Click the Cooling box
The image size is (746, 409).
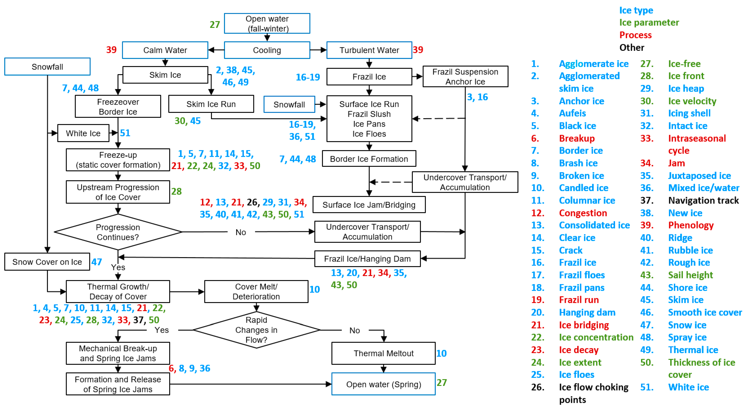click(267, 50)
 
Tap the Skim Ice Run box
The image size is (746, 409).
click(211, 104)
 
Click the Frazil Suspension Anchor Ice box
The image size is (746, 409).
click(465, 76)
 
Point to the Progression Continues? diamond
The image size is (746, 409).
click(118, 232)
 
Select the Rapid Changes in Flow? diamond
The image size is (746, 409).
click(256, 330)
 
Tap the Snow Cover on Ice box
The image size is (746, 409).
click(47, 262)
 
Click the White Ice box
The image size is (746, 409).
click(83, 133)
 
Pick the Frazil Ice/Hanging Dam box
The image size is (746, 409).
click(367, 259)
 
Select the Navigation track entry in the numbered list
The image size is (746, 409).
click(703, 200)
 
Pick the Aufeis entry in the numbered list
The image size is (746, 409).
click(572, 113)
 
